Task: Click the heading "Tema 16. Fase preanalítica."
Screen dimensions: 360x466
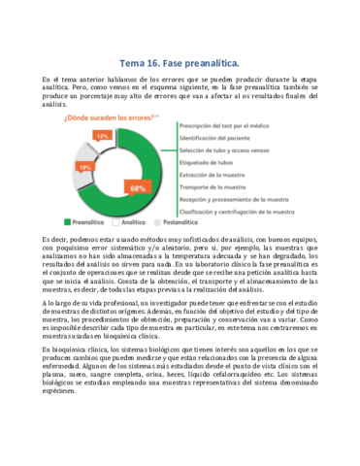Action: point(180,58)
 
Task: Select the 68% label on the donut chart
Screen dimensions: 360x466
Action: point(137,187)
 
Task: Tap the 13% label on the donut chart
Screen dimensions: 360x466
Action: point(101,137)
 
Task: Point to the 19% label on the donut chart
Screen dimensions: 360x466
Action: point(85,167)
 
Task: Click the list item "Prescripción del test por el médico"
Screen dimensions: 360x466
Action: point(234,125)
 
